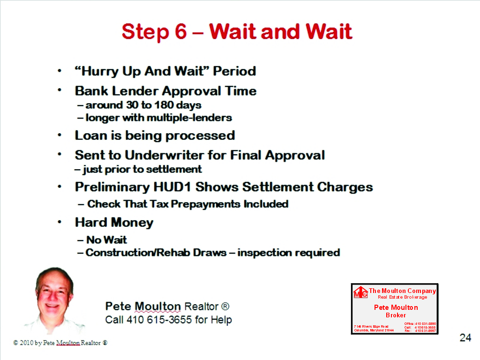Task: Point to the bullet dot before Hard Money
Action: (x=60, y=222)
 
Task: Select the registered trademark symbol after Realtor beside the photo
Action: (x=225, y=307)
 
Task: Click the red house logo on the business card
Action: (x=360, y=292)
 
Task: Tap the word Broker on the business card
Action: (x=396, y=315)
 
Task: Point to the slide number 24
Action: (x=465, y=337)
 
